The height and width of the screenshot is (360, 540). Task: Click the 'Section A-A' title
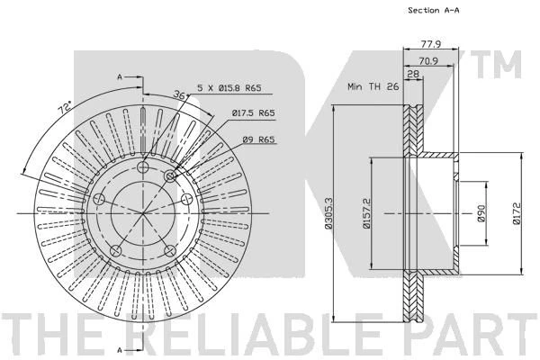pos(433,10)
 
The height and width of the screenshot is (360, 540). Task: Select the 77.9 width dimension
pos(431,44)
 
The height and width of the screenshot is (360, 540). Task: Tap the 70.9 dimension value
pos(428,61)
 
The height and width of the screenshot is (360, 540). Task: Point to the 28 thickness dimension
pos(413,74)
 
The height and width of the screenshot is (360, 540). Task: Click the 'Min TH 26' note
pos(373,86)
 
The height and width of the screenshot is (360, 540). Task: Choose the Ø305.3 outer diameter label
pos(328,213)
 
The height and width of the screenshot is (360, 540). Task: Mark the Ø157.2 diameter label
pos(366,213)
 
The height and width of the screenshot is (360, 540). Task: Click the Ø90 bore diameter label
pos(481,213)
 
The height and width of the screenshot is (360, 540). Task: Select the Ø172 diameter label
pos(517,213)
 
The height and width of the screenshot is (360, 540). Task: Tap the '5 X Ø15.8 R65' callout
pos(229,88)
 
